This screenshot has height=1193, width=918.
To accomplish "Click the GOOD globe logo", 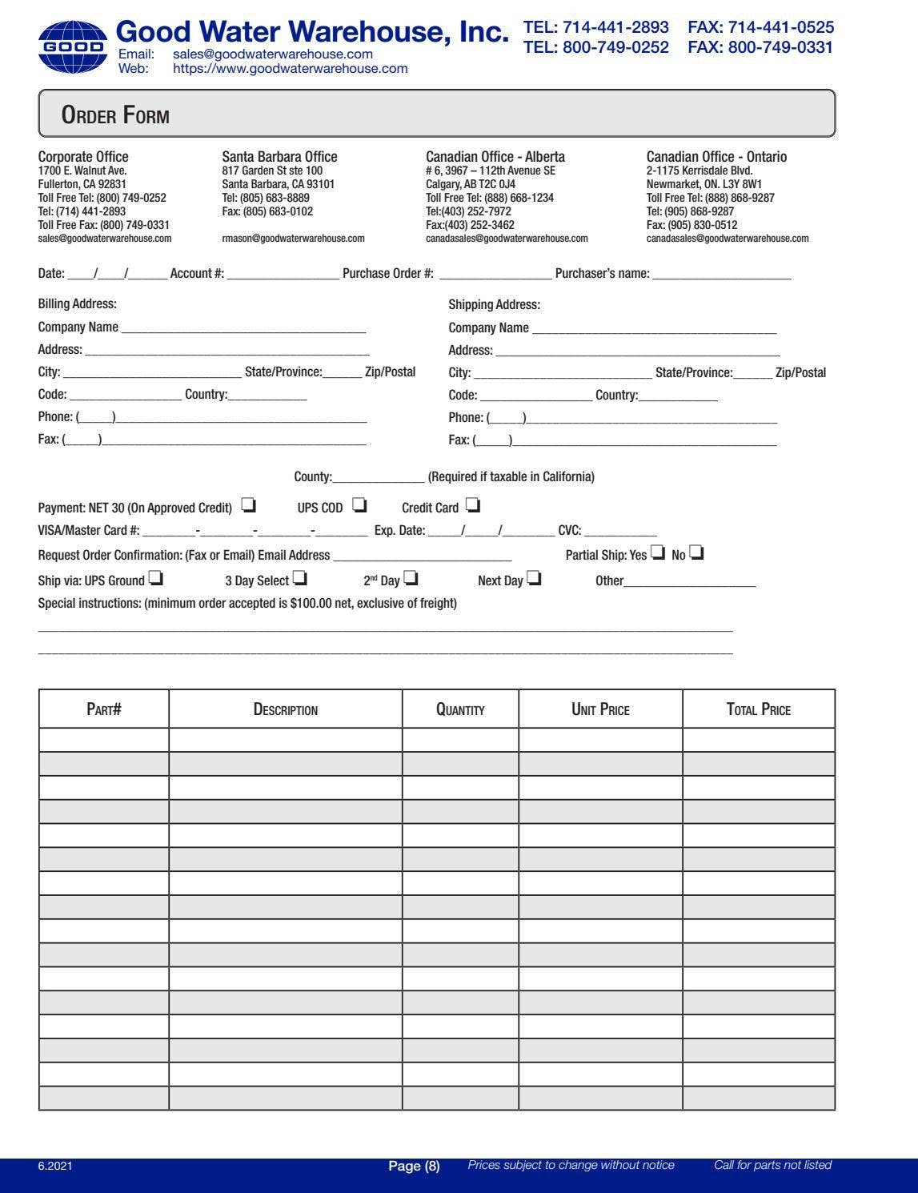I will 72,47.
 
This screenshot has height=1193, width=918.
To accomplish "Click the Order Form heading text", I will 115,116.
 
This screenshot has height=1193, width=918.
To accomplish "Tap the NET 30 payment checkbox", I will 248,506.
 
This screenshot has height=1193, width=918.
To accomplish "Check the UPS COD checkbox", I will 359,506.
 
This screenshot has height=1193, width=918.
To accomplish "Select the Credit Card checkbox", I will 473,506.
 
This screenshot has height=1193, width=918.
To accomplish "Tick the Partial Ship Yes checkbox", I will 658,553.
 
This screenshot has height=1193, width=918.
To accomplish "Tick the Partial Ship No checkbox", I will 696,553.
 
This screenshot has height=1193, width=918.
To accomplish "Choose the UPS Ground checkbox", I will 156,579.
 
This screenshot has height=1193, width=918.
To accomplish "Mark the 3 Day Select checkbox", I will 299,579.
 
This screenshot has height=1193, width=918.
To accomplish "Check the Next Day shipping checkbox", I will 534,579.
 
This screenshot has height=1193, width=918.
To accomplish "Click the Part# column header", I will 104,709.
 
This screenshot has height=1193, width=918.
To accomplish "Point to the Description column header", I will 286,709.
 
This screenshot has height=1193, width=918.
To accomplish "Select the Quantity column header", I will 460,709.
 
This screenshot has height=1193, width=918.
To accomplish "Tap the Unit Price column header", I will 600,709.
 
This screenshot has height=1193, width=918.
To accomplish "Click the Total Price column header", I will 758,709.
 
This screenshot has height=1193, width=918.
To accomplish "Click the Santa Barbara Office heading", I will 279,157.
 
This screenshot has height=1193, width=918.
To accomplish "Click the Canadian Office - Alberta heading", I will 495,157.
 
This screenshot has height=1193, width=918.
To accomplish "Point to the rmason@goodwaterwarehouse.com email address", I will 293,239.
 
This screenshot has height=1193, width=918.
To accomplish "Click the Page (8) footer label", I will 414,1166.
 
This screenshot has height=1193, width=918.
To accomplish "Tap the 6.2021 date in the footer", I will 55,1166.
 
